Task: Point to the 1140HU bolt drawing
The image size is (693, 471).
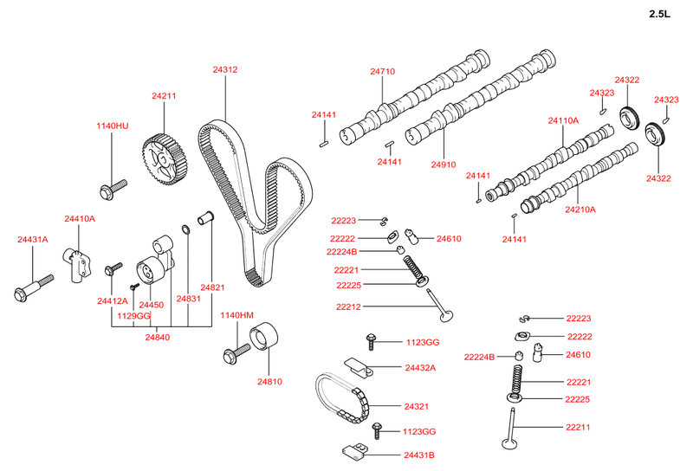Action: click(113, 185)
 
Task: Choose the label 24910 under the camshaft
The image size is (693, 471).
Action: click(443, 165)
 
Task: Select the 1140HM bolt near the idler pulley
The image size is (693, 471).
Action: click(236, 352)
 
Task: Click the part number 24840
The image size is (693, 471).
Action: click(158, 337)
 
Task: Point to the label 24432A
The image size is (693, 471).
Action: click(420, 368)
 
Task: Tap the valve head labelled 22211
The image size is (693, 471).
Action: click(511, 443)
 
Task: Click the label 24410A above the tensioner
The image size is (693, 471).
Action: click(80, 219)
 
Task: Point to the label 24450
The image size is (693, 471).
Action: click(152, 306)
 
